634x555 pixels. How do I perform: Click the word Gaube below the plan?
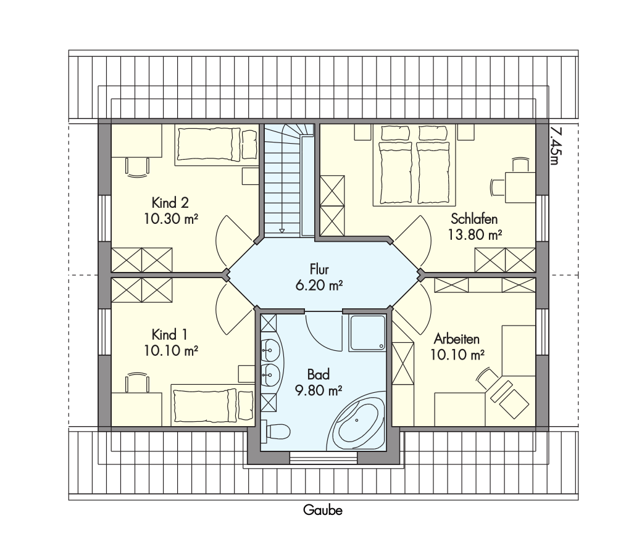tap(323, 510)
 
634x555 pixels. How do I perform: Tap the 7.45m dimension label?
tap(556, 146)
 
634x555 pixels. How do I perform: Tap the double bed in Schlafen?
tap(414, 165)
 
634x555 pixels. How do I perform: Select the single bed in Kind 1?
tap(213, 405)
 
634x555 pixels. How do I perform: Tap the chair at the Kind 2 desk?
tap(137, 167)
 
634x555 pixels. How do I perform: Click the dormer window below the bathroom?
tap(323, 458)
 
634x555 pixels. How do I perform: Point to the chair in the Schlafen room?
tap(498, 187)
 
